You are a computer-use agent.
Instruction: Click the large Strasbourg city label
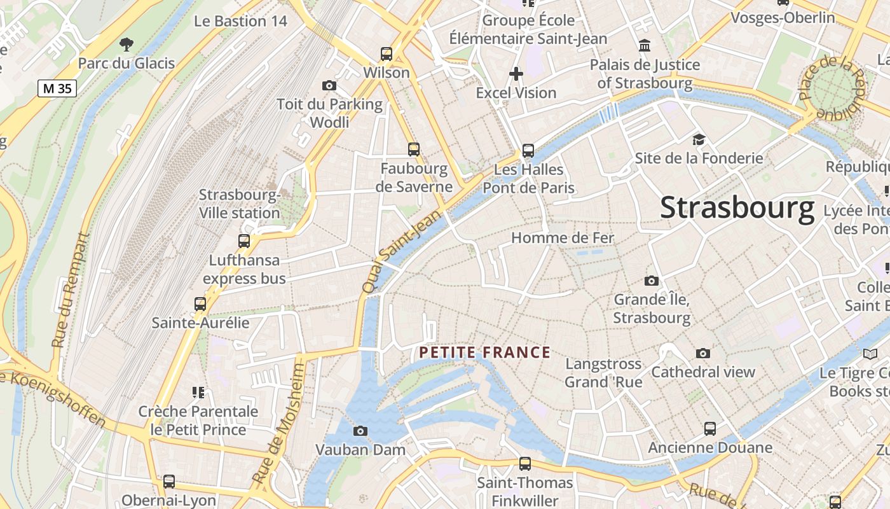click(737, 208)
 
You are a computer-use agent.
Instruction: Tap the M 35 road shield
click(57, 88)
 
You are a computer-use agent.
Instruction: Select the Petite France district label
click(484, 352)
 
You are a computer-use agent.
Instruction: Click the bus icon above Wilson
click(387, 54)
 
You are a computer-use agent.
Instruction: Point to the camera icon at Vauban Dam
click(360, 431)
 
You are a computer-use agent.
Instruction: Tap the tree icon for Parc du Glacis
click(127, 45)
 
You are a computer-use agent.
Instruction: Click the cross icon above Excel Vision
click(516, 74)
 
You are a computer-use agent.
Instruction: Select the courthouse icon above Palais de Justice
click(645, 46)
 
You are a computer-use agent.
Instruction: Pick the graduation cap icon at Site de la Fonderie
click(699, 139)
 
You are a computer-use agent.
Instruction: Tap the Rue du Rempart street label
click(71, 289)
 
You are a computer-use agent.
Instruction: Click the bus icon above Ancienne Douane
click(710, 429)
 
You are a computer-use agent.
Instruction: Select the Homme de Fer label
click(563, 238)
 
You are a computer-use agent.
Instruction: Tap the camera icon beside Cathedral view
click(702, 353)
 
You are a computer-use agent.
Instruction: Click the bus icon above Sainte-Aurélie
click(200, 304)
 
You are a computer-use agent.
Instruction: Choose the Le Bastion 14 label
click(241, 21)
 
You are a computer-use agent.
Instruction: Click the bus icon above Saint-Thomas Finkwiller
click(525, 463)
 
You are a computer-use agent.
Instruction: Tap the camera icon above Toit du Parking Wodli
click(329, 85)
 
